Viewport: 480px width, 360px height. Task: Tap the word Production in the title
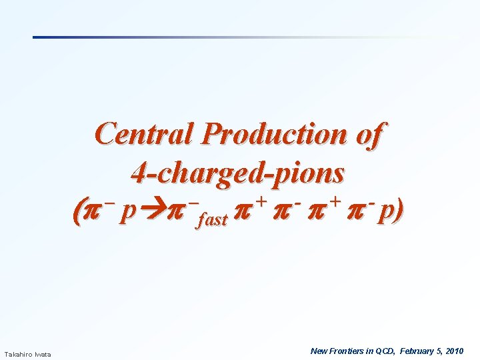coord(274,134)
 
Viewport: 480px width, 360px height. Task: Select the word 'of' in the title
coord(369,134)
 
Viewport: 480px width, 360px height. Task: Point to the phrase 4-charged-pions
coord(238,173)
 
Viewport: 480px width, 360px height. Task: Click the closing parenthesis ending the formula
coord(399,212)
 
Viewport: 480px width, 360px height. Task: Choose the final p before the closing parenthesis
coord(385,213)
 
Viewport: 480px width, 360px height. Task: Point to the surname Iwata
coord(43,353)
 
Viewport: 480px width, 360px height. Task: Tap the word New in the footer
coord(319,351)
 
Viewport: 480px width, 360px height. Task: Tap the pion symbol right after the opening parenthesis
coord(92,212)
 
